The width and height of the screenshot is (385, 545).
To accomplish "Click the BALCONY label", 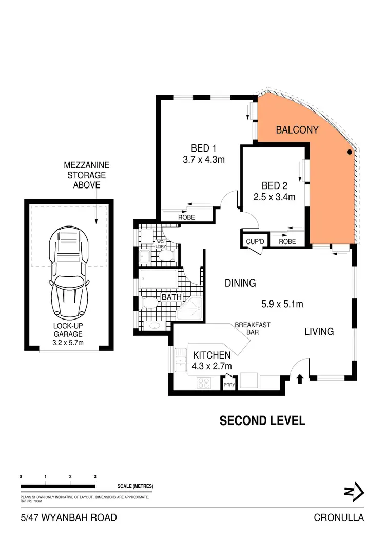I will pyautogui.click(x=297, y=130).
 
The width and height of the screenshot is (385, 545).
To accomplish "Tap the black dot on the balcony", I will pyautogui.click(x=349, y=152).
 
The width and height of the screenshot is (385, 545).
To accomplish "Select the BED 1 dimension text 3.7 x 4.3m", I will pyautogui.click(x=204, y=160).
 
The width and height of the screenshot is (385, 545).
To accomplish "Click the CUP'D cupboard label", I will pyautogui.click(x=255, y=241).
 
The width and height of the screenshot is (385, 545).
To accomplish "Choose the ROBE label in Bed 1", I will pyautogui.click(x=186, y=217).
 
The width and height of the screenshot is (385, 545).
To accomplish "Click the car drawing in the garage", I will pyautogui.click(x=69, y=278).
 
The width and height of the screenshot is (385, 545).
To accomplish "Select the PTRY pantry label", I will pyautogui.click(x=228, y=384).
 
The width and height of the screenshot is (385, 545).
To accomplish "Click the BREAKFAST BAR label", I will pyautogui.click(x=253, y=329).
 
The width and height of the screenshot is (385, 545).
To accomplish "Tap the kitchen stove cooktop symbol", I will pyautogui.click(x=204, y=383).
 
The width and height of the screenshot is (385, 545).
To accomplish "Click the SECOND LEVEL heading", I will pyautogui.click(x=262, y=421).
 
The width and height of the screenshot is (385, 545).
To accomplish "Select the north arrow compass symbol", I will pyautogui.click(x=354, y=492).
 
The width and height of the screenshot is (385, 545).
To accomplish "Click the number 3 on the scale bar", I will pyautogui.click(x=95, y=477).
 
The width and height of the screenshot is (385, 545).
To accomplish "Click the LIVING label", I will pyautogui.click(x=319, y=332).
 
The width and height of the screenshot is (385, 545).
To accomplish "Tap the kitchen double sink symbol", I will pyautogui.click(x=180, y=361).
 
